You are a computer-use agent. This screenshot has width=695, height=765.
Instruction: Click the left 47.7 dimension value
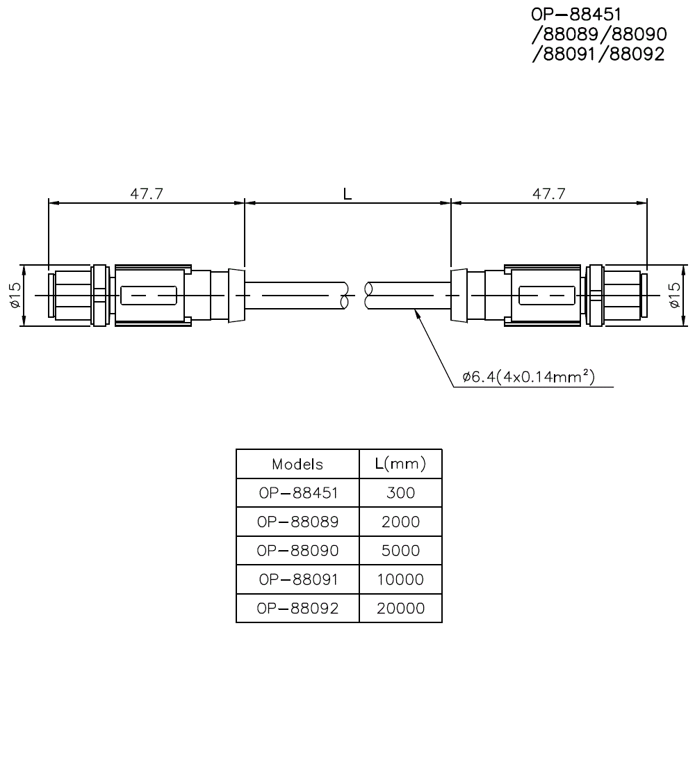click(147, 193)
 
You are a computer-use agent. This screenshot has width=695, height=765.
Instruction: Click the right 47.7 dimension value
click(548, 193)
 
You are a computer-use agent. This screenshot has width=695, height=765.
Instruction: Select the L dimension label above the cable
click(347, 194)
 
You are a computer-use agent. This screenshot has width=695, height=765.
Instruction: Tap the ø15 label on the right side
click(675, 296)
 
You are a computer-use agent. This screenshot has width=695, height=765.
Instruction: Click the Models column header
click(297, 464)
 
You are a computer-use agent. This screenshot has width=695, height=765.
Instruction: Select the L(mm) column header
click(400, 463)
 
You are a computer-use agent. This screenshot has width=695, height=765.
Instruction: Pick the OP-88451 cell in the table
click(297, 493)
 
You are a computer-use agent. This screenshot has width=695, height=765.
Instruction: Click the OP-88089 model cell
click(297, 522)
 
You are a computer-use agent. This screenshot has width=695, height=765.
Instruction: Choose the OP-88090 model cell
click(297, 550)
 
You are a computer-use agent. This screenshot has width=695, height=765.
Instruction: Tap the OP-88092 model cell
click(297, 608)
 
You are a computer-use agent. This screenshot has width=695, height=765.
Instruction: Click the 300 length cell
click(400, 493)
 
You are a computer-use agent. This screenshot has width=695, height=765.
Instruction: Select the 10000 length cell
click(400, 579)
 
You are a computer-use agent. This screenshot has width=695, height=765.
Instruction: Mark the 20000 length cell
click(400, 608)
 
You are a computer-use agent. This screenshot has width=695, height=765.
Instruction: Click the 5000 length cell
click(400, 550)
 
